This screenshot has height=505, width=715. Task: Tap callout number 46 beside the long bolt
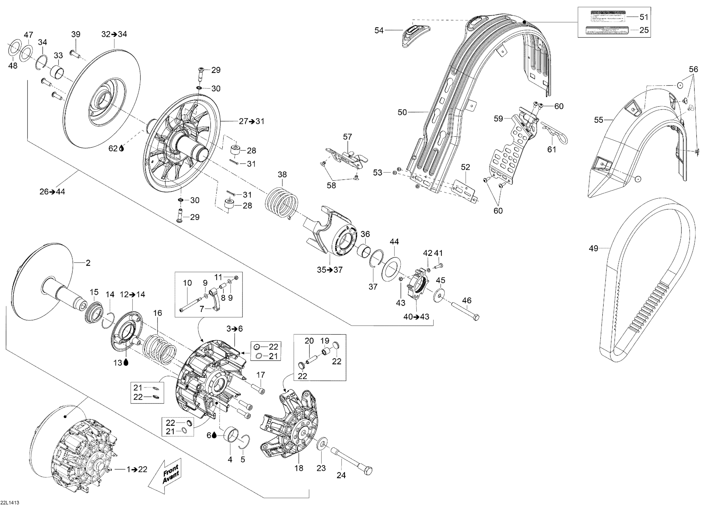tap(467, 300)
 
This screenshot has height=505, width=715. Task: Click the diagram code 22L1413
tap(10, 502)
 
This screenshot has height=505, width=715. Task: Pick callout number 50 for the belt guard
tap(402, 112)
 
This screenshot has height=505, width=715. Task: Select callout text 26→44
tap(52, 192)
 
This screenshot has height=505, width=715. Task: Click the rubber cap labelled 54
tap(416, 35)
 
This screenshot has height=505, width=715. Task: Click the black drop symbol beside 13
tap(126, 362)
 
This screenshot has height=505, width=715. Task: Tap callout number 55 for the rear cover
tap(598, 120)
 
